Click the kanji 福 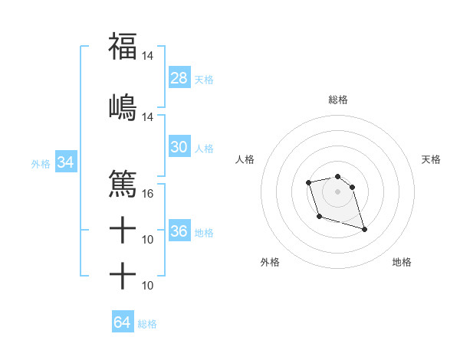(123, 47)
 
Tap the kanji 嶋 (123, 106)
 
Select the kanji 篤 (123, 184)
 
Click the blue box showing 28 (179, 78)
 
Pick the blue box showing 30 (179, 148)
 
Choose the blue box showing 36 (179, 231)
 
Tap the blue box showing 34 (65, 162)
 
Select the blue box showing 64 (122, 322)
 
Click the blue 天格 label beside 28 (204, 79)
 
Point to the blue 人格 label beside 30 (204, 149)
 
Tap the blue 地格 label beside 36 (204, 232)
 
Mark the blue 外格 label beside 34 (41, 163)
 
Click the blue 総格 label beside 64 (147, 323)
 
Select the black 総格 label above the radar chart (338, 100)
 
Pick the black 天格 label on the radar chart (431, 159)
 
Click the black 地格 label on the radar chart (402, 262)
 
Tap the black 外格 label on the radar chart (270, 262)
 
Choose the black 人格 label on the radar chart (245, 159)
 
